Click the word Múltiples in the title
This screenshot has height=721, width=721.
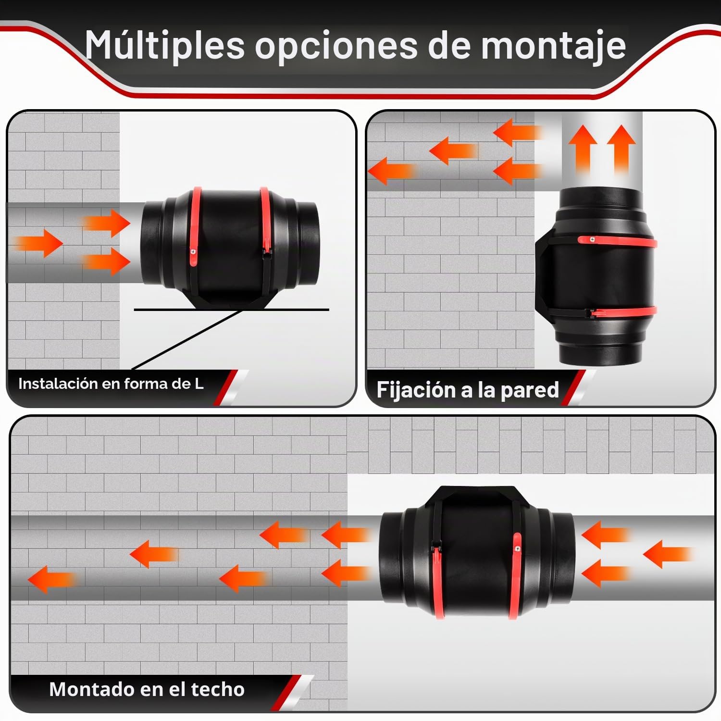click(x=165, y=46)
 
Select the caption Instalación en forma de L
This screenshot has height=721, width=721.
click(x=111, y=384)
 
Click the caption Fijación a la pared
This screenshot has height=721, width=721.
click(x=468, y=390)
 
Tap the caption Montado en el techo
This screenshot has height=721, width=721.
click(x=147, y=689)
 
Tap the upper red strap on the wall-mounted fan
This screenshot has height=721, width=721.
click(x=618, y=241)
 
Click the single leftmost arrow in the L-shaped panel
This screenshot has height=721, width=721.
click(x=38, y=243)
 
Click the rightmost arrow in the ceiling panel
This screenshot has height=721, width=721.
click(x=668, y=554)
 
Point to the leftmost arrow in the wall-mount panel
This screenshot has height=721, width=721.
click(x=392, y=171)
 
